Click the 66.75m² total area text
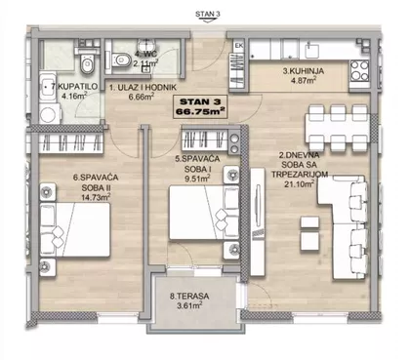(x=200, y=111)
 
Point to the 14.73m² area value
(x=96, y=197)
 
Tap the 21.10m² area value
(x=299, y=184)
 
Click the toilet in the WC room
(x=121, y=60)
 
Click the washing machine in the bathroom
(x=50, y=114)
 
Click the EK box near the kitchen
(x=239, y=46)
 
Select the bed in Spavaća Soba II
(x=75, y=229)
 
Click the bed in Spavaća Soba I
(x=204, y=213)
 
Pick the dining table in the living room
(x=338, y=128)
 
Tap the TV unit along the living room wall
(x=259, y=222)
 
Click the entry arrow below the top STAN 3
(x=208, y=20)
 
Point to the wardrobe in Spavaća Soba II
(x=71, y=142)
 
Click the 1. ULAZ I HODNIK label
(x=143, y=87)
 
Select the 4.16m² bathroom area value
(x=74, y=96)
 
